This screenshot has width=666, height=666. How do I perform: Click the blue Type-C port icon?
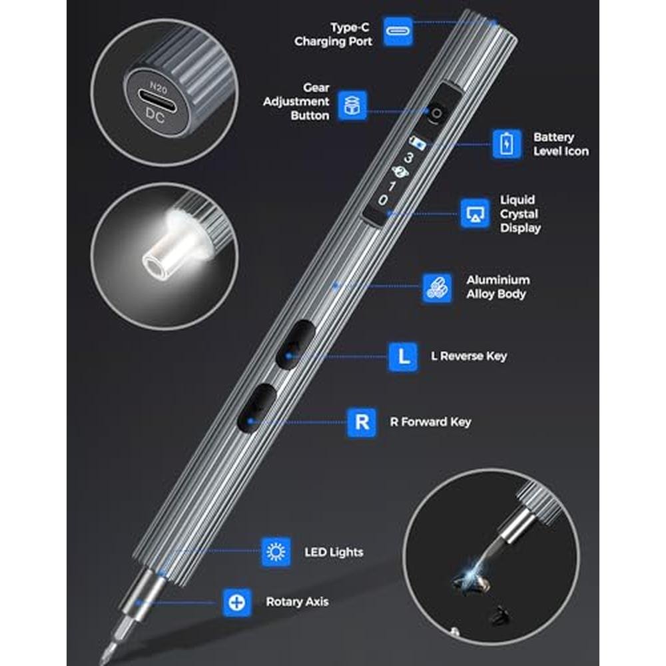click(x=398, y=31)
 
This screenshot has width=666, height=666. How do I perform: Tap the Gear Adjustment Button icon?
click(x=352, y=105)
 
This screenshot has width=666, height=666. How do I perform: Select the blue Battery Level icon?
click(x=507, y=144)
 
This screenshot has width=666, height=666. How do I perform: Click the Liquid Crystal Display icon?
click(x=476, y=213)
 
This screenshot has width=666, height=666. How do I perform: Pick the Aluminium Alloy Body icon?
click(x=437, y=288)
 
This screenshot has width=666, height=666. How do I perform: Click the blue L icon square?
click(x=403, y=357)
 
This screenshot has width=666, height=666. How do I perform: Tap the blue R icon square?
click(x=362, y=422)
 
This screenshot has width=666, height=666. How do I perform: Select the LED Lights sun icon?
click(x=276, y=551)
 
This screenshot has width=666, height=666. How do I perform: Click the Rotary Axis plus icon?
click(x=236, y=602)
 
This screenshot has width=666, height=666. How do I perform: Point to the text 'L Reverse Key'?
click(x=469, y=356)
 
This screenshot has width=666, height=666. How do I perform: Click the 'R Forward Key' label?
click(x=431, y=422)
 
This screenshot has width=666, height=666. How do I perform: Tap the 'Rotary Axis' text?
click(x=297, y=601)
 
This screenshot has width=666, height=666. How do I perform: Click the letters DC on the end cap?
click(x=155, y=115)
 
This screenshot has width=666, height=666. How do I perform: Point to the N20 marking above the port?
click(x=159, y=87)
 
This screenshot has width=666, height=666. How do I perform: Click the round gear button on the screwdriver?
click(x=436, y=114)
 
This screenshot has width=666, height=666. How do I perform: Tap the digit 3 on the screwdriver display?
click(x=408, y=158)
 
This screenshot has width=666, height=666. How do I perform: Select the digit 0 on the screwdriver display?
click(x=383, y=200)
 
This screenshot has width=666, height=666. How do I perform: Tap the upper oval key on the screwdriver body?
click(x=295, y=344)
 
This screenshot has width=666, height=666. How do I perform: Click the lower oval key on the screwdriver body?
click(x=257, y=408)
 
